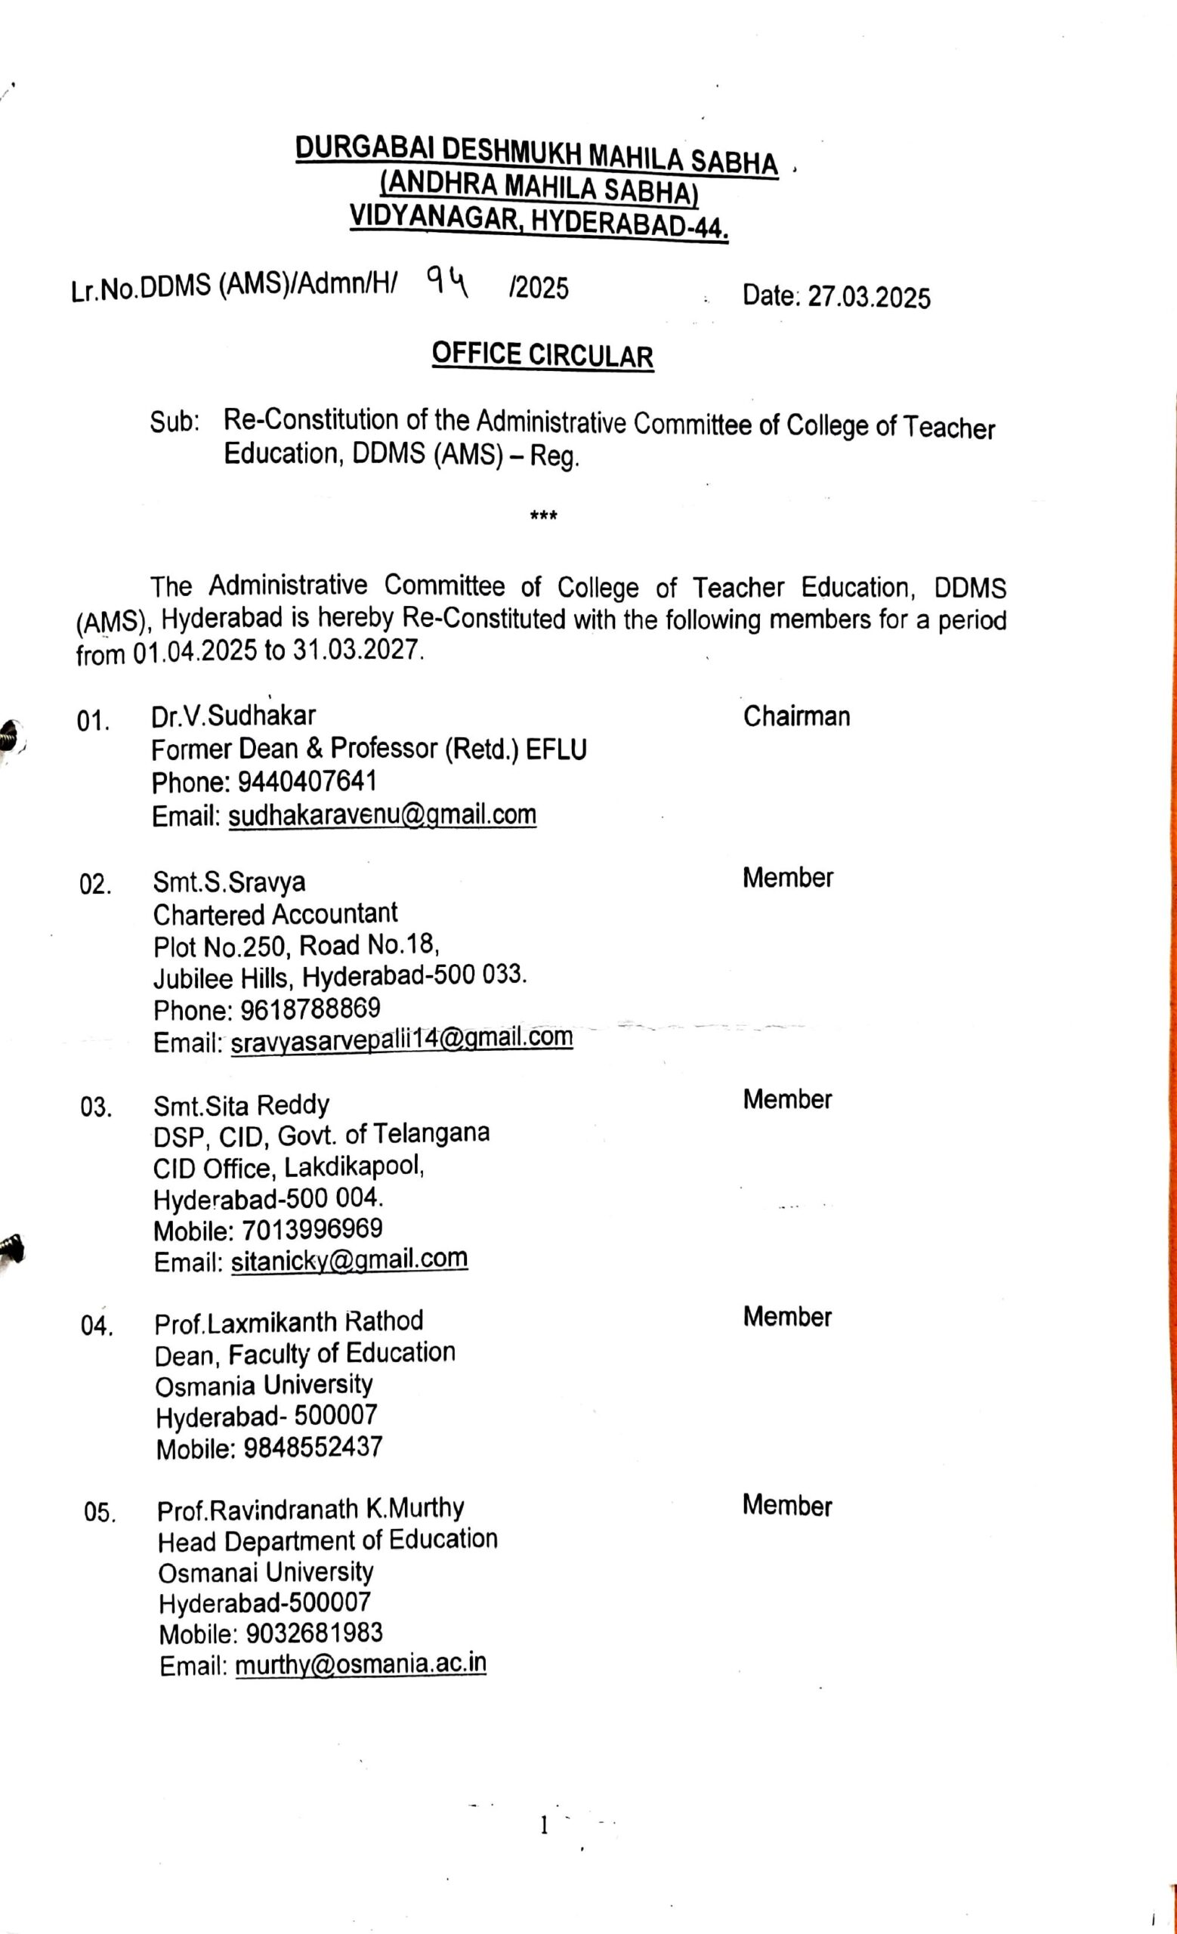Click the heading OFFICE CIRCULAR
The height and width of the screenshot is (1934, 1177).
[542, 356]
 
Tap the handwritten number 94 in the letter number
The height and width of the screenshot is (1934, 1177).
[446, 282]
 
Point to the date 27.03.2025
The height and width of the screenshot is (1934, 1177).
[869, 298]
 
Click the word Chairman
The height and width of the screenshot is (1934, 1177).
[795, 717]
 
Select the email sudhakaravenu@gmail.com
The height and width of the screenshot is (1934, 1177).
[382, 814]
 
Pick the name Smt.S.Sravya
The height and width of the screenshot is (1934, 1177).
[229, 882]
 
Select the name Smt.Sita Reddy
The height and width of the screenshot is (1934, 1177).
[241, 1105]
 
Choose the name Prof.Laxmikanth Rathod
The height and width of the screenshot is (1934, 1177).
[289, 1323]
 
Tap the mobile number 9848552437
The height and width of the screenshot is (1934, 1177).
[313, 1447]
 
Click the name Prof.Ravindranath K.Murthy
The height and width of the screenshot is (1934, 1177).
[310, 1509]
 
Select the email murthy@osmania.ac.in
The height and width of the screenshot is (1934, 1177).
[361, 1665]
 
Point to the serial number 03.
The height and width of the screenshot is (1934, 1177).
[95, 1108]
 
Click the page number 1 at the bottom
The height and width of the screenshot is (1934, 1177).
[543, 1827]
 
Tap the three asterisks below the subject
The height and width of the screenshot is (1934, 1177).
[544, 517]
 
